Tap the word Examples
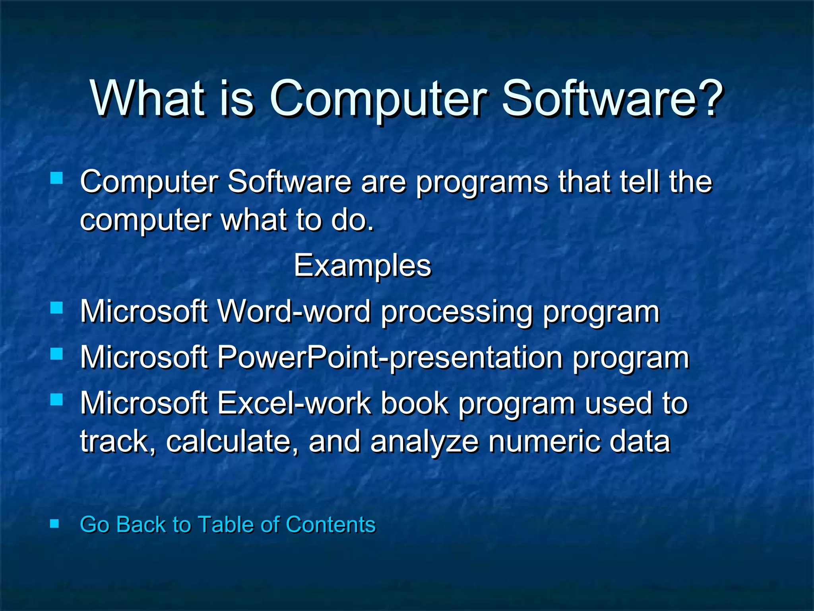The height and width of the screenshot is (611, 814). point(362,266)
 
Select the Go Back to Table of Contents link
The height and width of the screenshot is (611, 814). point(227,524)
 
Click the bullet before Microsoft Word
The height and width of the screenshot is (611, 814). point(56,307)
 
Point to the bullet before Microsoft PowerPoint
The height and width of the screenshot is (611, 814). point(56,354)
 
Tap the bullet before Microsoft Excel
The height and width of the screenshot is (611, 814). point(56,399)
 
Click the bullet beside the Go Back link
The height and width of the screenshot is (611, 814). point(54,523)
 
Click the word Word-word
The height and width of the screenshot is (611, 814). point(295,311)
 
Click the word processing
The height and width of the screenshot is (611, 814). point(456,312)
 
